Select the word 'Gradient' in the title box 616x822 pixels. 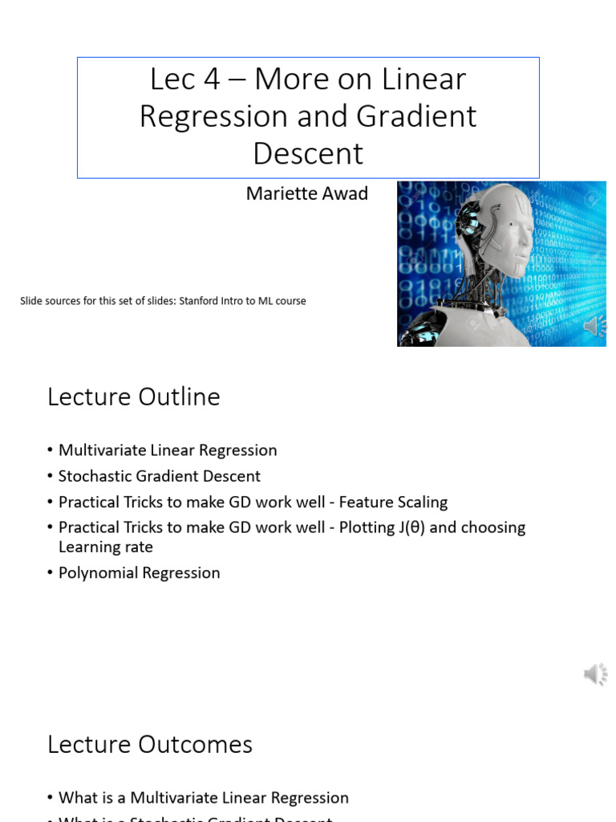(x=416, y=116)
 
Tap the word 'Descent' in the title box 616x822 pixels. (x=308, y=153)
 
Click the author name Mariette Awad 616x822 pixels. (x=306, y=193)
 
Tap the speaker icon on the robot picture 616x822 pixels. (x=594, y=325)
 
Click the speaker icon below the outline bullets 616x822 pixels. (x=594, y=674)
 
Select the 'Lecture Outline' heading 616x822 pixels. (x=133, y=397)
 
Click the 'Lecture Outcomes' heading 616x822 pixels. (x=150, y=744)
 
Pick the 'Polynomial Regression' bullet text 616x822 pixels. (x=139, y=572)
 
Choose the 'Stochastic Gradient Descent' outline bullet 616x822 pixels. (x=159, y=476)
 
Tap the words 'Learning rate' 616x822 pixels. (x=105, y=547)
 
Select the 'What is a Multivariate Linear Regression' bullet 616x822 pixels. (x=203, y=797)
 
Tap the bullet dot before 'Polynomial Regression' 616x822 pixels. (x=50, y=573)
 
